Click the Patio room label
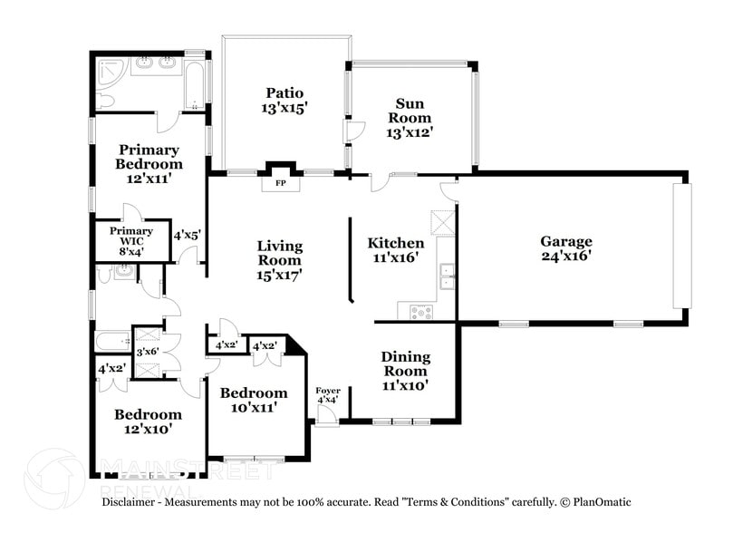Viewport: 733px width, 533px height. coord(285,100)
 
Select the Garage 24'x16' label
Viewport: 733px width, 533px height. coord(566,248)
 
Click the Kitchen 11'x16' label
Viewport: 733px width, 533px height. coord(395,251)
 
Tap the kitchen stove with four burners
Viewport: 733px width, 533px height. coord(421,312)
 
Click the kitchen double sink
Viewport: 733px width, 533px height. coord(447,276)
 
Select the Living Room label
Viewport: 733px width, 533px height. coord(279,259)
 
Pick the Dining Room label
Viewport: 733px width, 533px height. coord(405,371)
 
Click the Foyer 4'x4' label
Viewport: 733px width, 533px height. coord(327,396)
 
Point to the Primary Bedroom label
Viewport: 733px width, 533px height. coord(149,164)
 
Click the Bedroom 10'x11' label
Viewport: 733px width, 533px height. coord(254,400)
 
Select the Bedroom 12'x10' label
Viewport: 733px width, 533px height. coord(148,422)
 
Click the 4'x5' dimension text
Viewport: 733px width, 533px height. coord(188,235)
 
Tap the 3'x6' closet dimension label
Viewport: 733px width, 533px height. coord(147,352)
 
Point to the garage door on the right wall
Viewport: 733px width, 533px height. coord(680,247)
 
